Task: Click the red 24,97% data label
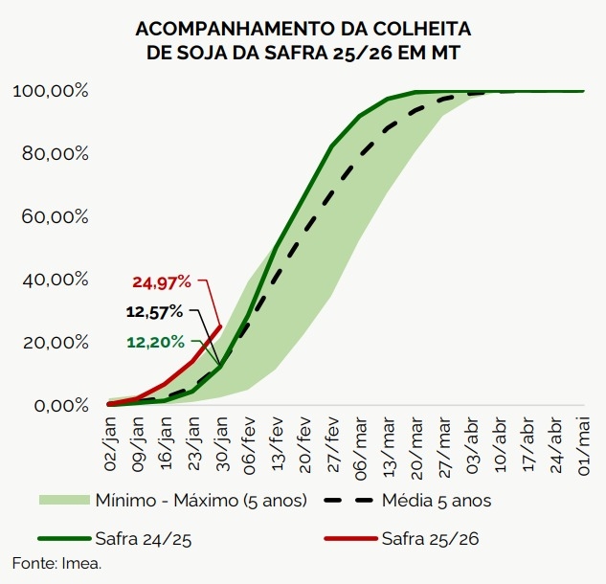[x=163, y=282]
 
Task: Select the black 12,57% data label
[x=156, y=312]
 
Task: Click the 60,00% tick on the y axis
[x=55, y=217]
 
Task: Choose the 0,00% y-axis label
[x=59, y=405]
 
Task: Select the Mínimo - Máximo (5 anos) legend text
[x=201, y=500]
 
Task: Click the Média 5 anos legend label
[x=435, y=500]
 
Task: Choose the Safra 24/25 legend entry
[x=144, y=538]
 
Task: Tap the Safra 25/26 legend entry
[x=429, y=538]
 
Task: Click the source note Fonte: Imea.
[x=56, y=563]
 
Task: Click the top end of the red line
[x=221, y=326]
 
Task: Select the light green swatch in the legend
[x=63, y=500]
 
